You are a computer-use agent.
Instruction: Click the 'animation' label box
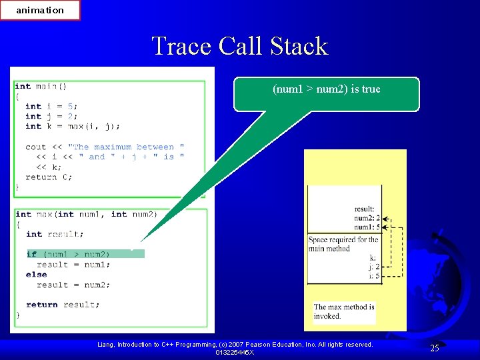pyautogui.click(x=40, y=10)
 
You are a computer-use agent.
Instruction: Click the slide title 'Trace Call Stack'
pyautogui.click(x=240, y=46)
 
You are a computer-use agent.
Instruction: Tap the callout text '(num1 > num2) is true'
pyautogui.click(x=326, y=89)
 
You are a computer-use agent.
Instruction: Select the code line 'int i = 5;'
pyautogui.click(x=52, y=106)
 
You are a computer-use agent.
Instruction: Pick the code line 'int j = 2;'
pyautogui.click(x=52, y=116)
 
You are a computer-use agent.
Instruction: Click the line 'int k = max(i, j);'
pyautogui.click(x=73, y=126)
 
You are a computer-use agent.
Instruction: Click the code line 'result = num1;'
pyautogui.click(x=73, y=264)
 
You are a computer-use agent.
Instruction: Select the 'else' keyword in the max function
pyautogui.click(x=37, y=274)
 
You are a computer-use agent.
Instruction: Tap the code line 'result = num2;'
pyautogui.click(x=73, y=285)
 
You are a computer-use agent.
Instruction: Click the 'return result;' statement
pyautogui.click(x=63, y=305)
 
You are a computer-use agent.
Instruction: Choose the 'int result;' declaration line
pyautogui.click(x=55, y=234)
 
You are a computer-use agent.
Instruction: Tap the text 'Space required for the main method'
pyautogui.click(x=343, y=244)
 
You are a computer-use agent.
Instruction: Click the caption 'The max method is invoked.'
pyautogui.click(x=344, y=311)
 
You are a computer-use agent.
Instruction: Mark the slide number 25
pyautogui.click(x=434, y=348)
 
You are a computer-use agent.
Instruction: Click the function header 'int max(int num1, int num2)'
pyautogui.click(x=86, y=214)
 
